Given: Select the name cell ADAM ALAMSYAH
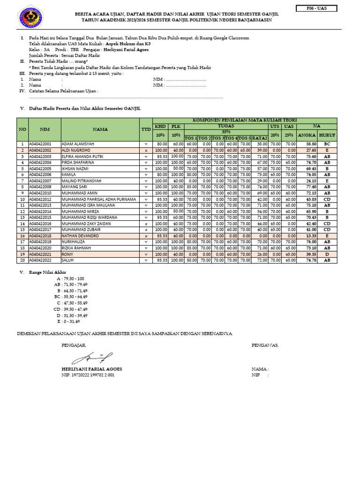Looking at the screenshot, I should (78, 144).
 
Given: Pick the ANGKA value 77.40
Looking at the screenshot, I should (311, 187).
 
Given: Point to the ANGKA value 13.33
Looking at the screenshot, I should (311, 236).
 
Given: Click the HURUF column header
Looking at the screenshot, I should (327, 135).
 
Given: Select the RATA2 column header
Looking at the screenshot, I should (260, 138).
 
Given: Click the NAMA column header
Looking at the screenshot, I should (100, 129).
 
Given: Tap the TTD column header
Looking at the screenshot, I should (145, 129).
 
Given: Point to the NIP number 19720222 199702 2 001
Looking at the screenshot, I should (87, 375).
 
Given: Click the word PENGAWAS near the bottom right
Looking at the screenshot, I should (265, 345).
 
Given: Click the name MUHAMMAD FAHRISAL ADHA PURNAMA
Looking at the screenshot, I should (98, 199).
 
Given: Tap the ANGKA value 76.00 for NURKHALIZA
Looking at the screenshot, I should (311, 242).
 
